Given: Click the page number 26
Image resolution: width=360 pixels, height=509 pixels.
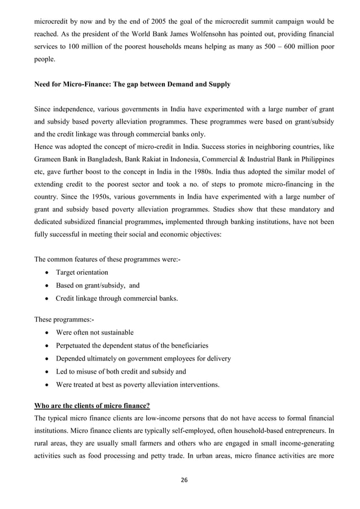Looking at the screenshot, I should pyautogui.click(x=180, y=480).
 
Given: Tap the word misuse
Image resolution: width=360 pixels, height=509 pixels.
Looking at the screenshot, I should pyautogui.click(x=93, y=372).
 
